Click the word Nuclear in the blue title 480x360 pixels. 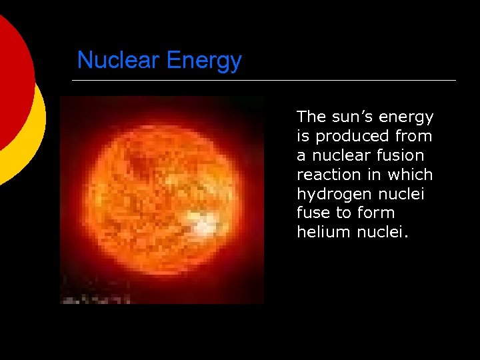119,61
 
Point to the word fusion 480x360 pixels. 400,155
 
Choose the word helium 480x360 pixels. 319,231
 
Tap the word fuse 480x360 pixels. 312,213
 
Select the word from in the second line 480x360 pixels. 413,136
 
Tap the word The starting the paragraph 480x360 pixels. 311,117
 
